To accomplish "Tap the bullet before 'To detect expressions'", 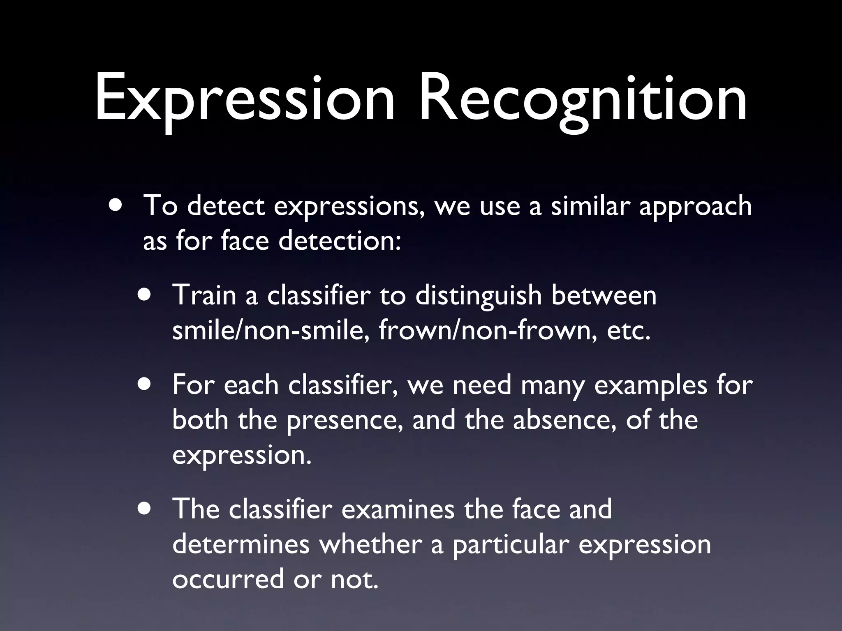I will coord(116,205).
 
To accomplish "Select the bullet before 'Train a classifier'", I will coord(145,295).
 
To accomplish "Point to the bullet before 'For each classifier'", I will coord(145,385).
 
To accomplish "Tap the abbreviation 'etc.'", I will coord(629,331).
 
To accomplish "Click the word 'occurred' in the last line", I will coord(228,579).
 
